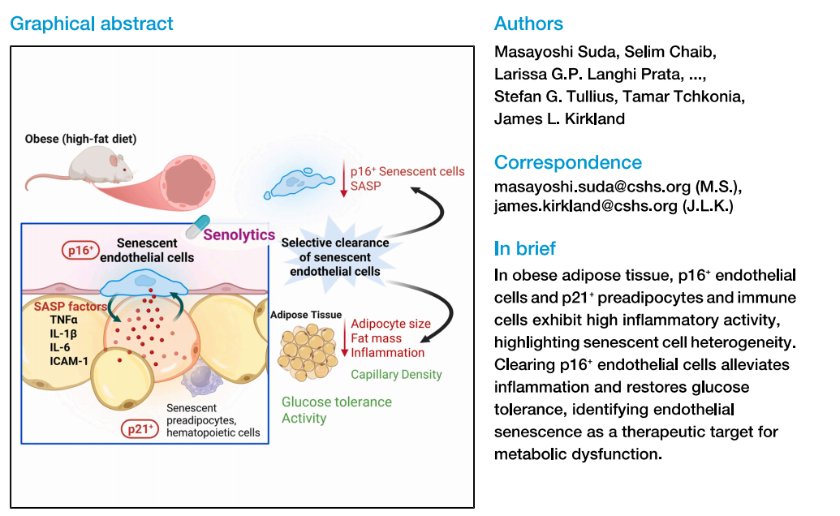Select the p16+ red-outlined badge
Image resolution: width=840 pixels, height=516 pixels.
point(80,251)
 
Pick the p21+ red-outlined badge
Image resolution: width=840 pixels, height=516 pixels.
point(139,428)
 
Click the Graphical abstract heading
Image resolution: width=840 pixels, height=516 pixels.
point(91,24)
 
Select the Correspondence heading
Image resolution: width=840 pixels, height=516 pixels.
point(567,162)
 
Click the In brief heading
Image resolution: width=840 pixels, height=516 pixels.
point(525,248)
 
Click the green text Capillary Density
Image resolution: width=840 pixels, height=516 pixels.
point(396,374)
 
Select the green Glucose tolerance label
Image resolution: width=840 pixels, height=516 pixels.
point(336,402)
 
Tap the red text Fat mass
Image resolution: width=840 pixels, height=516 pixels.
point(376,338)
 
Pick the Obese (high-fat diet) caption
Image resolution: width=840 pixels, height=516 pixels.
point(80,139)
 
